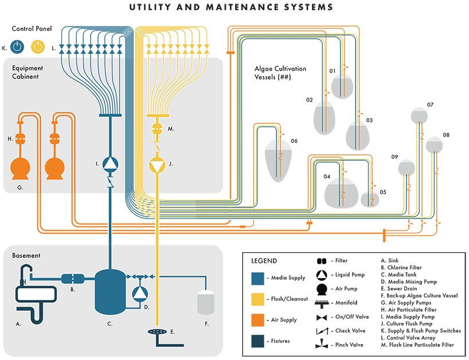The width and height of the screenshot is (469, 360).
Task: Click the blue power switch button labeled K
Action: pyautogui.click(x=18, y=48)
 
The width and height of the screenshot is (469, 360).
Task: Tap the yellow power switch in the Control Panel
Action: pyautogui.click(x=38, y=48)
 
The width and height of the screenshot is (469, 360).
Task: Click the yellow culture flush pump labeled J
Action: pyautogui.click(x=157, y=165)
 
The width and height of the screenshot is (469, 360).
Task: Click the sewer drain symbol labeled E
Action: pyautogui.click(x=156, y=331)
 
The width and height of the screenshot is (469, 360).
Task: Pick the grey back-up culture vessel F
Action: pyautogui.click(x=205, y=302)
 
